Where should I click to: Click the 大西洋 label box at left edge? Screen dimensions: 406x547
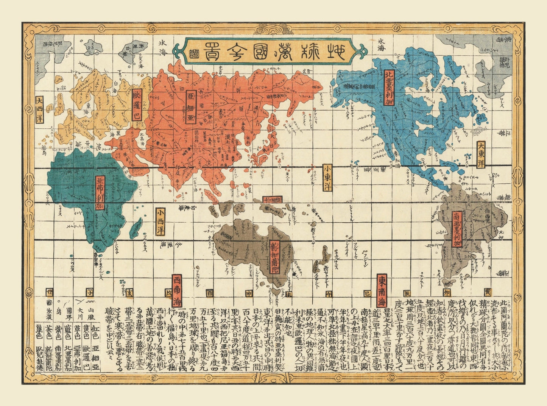[39, 110]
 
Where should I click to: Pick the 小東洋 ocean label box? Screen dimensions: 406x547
[327, 177]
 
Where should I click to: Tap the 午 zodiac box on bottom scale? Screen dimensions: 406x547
[329, 293]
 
